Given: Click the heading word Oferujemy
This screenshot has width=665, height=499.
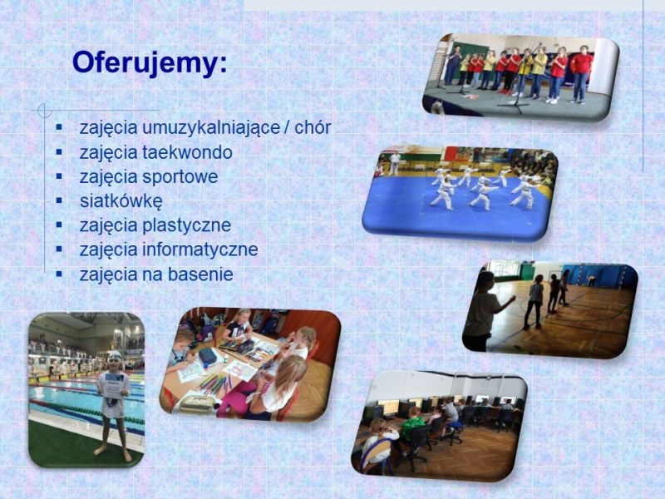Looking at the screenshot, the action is coord(150,64).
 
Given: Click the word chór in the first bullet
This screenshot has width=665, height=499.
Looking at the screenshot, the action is coord(313,127).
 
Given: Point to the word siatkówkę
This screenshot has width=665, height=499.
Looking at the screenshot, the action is coord(121,200).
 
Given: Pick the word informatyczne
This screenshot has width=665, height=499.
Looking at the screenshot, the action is coord(200,249).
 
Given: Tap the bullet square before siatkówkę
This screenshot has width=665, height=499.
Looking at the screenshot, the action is coord(59,200).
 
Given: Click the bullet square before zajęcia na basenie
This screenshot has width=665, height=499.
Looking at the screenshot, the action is coord(59,274).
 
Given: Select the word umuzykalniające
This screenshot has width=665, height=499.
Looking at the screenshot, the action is coord(211,128).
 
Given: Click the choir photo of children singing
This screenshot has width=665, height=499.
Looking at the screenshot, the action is coord(521,77).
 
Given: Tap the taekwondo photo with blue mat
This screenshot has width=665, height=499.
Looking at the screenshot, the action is coord(461,194).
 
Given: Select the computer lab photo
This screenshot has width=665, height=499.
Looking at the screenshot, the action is coord(440,426).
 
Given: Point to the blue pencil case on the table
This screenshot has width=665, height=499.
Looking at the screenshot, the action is coord(207,357).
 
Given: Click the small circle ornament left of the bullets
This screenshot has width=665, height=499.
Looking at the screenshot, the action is coord(44,111).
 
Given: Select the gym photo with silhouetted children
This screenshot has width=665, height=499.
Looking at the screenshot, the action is coord(550,309).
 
